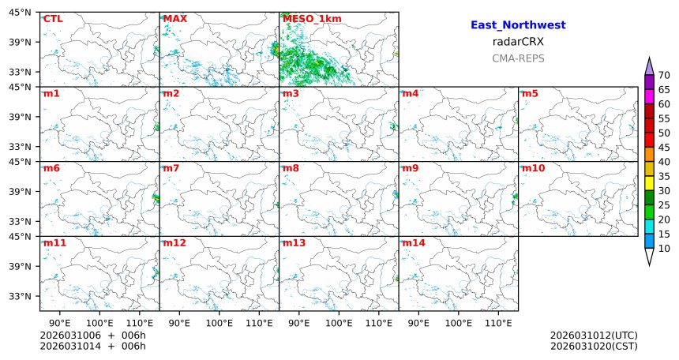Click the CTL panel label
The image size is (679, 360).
click(53, 19)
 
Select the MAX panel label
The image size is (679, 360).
click(174, 19)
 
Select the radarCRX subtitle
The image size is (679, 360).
click(518, 42)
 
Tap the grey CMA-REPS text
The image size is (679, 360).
click(518, 58)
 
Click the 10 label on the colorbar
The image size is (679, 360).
click(664, 249)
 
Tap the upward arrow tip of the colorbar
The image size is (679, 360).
click(649, 60)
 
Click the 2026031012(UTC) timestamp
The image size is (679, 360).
click(594, 336)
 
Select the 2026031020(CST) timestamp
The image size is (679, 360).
click(594, 346)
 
